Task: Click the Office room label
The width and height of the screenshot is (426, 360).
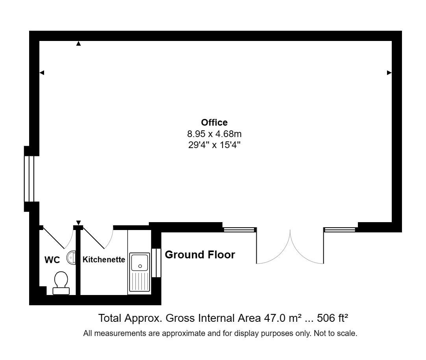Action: (x=214, y=122)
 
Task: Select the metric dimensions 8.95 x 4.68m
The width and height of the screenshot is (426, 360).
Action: (x=214, y=134)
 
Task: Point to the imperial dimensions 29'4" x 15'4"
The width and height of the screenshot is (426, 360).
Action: (x=214, y=145)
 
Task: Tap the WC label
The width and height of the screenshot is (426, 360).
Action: (x=52, y=260)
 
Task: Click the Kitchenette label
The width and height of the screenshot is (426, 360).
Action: (x=104, y=260)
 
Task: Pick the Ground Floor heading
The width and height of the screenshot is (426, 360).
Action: (x=200, y=254)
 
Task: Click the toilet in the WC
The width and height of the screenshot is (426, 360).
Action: (x=61, y=283)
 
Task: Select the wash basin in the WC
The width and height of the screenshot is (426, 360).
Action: (x=71, y=258)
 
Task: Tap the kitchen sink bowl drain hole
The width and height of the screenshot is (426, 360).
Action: (x=140, y=266)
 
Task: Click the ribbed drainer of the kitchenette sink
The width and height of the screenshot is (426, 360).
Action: (x=140, y=281)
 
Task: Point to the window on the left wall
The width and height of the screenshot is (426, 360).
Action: (x=29, y=179)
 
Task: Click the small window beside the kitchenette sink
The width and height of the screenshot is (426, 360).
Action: (x=156, y=263)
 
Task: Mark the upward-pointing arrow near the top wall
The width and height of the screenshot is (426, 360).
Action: (x=78, y=43)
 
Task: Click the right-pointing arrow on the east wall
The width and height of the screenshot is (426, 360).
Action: (x=389, y=72)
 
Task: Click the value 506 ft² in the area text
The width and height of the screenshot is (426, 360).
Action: (x=333, y=318)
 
